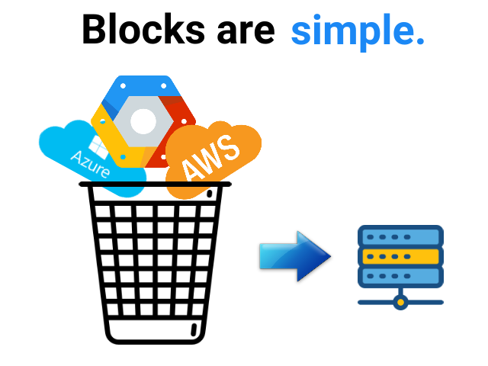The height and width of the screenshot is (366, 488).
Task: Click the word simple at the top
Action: click(352, 31)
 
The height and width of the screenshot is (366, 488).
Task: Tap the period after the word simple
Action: click(419, 40)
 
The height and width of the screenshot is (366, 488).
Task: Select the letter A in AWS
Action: click(188, 172)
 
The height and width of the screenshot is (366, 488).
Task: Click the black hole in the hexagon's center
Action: click(143, 121)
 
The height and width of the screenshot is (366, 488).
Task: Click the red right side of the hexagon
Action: click(183, 114)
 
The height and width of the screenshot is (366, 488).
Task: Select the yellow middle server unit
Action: click(400, 256)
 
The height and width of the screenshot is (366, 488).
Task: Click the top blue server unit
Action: click(400, 236)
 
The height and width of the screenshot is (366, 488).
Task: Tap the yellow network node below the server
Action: click(400, 303)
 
